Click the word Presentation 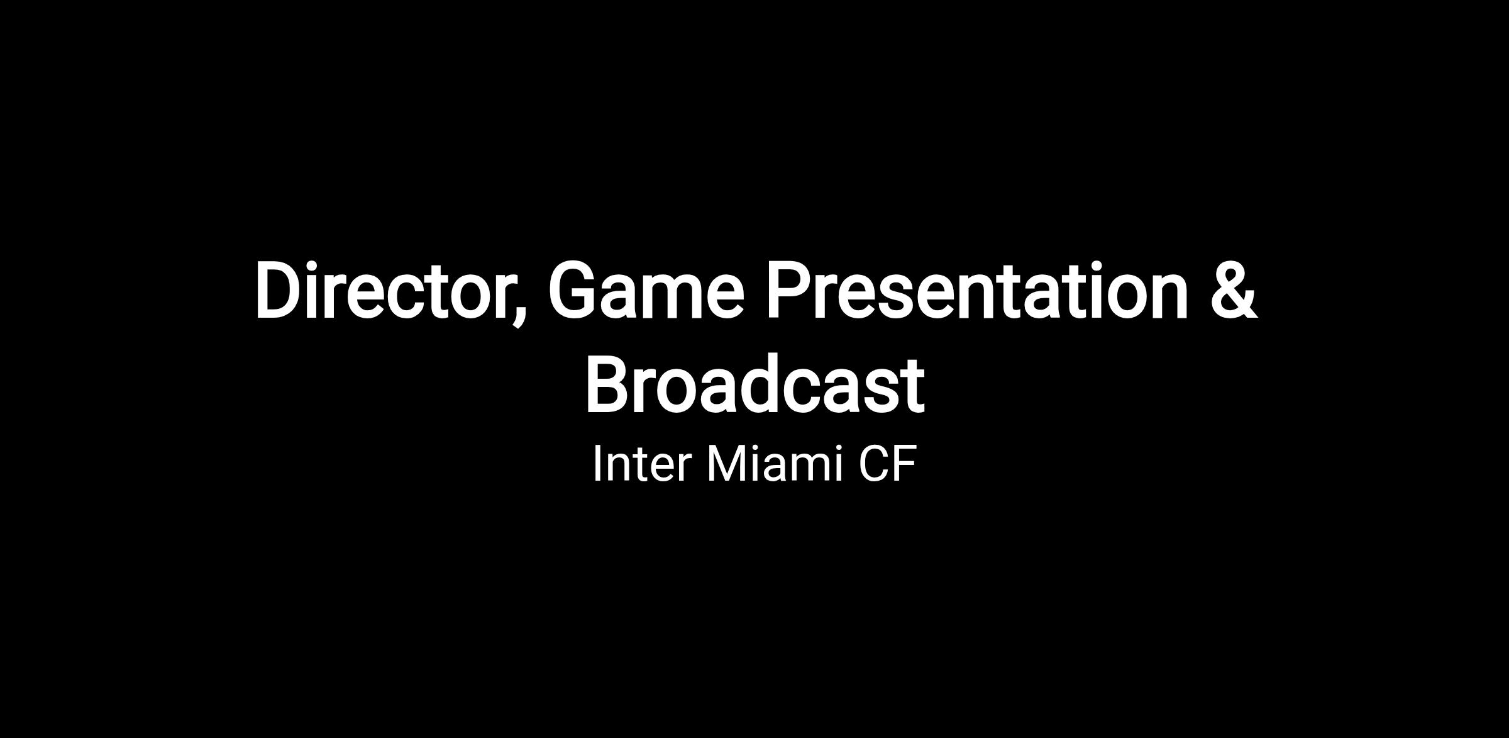point(976,291)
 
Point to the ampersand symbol point(1233,291)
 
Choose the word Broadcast point(754,384)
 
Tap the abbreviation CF point(887,464)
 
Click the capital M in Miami point(727,464)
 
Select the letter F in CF point(905,464)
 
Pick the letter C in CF point(873,464)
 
